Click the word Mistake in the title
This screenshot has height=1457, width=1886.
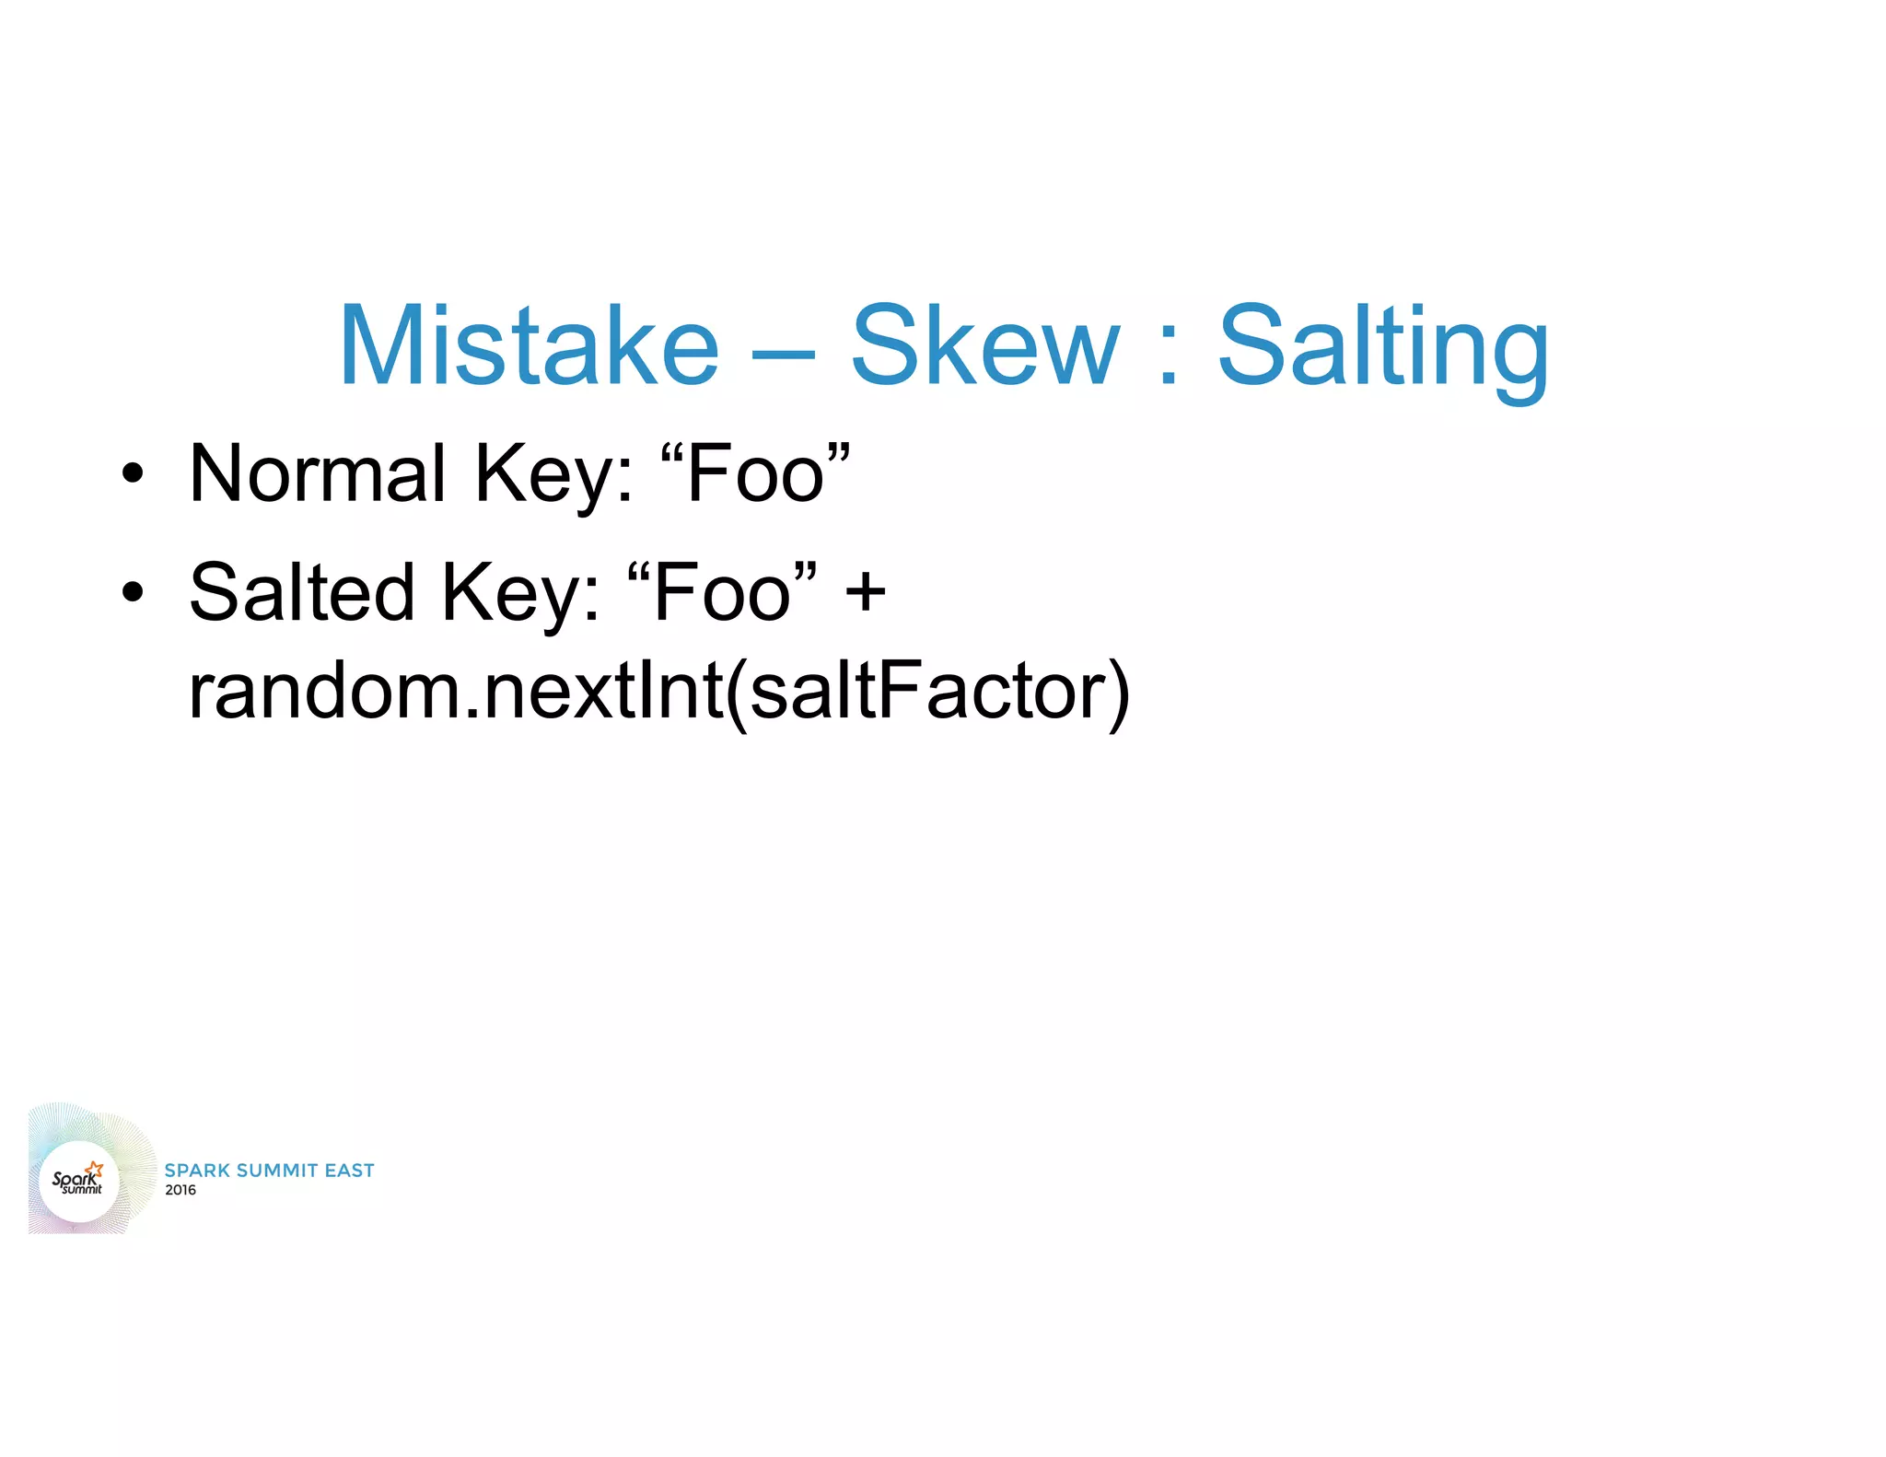528,346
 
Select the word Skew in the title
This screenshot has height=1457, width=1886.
984,346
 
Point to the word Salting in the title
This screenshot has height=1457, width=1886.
1383,350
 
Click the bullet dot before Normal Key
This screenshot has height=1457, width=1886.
133,473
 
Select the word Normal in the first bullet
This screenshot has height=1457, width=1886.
318,473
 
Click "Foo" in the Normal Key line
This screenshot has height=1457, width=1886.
755,473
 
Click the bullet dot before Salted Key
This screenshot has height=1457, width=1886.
133,592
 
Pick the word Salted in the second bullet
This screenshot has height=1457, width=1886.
301,592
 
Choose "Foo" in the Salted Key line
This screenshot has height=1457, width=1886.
721,592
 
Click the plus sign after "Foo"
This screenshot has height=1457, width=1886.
865,592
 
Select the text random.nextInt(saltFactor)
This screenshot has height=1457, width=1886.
658,692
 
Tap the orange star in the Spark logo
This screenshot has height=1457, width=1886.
95,1170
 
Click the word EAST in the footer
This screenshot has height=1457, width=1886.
350,1171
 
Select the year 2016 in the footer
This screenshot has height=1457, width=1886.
180,1190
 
